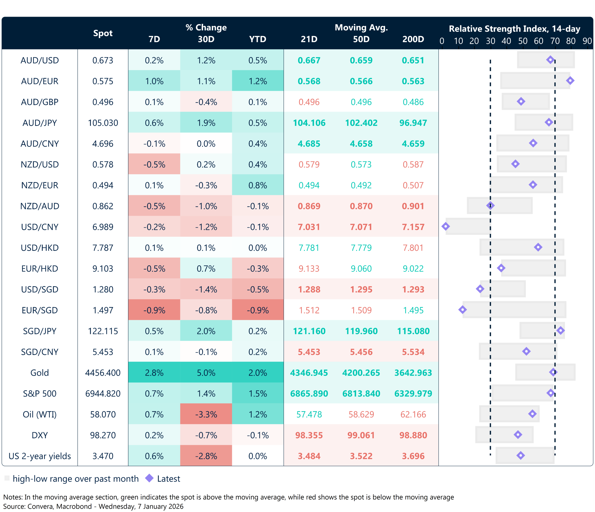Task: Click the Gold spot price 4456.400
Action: click(103, 373)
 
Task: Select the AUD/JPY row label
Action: click(40, 123)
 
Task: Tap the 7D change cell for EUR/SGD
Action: click(154, 310)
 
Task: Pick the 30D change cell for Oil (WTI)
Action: click(206, 414)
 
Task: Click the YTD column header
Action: click(258, 39)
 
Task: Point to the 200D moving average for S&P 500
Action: click(413, 394)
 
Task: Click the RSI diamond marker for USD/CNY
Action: click(445, 227)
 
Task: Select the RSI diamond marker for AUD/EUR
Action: click(570, 81)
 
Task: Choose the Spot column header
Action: click(103, 33)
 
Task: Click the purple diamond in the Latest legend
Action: click(149, 478)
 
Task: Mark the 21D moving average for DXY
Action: click(309, 435)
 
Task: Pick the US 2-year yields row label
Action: click(40, 456)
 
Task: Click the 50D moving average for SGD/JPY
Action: click(361, 331)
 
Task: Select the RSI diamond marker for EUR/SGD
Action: click(462, 310)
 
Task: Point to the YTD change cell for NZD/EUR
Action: click(258, 185)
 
